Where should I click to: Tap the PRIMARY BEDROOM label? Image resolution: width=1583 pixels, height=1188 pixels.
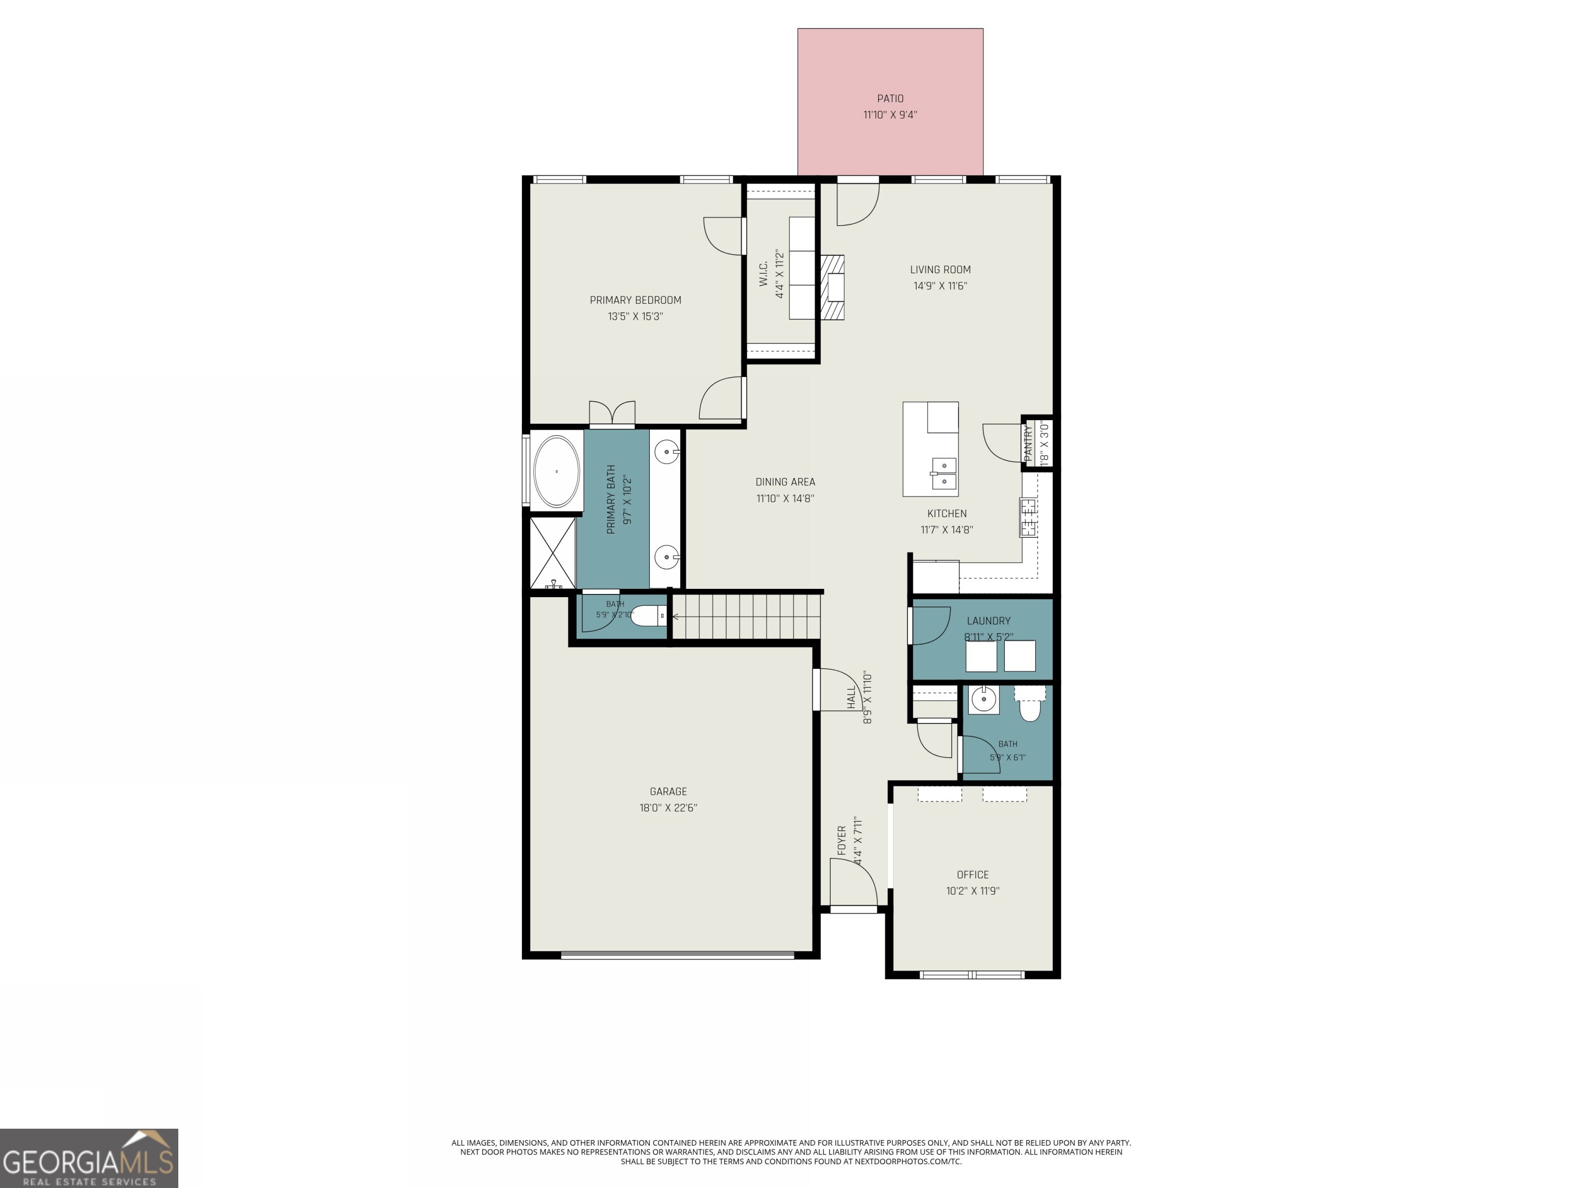635,300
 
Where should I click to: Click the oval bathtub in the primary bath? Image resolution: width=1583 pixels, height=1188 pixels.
557,471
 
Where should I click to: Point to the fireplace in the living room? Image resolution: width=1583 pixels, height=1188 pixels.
832,287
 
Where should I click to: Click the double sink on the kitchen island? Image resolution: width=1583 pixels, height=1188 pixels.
944,474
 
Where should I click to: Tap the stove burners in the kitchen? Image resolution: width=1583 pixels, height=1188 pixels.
1029,518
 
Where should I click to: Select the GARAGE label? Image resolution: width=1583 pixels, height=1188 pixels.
668,791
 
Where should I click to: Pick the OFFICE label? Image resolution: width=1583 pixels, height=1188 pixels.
972,874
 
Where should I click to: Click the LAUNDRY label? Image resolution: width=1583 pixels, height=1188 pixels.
988,621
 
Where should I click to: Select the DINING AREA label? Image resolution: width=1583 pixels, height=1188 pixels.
785,482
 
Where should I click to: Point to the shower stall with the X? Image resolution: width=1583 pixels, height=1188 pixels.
552,553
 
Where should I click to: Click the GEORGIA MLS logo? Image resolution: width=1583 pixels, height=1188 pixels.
89,1158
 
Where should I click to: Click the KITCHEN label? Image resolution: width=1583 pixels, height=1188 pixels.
947,514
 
